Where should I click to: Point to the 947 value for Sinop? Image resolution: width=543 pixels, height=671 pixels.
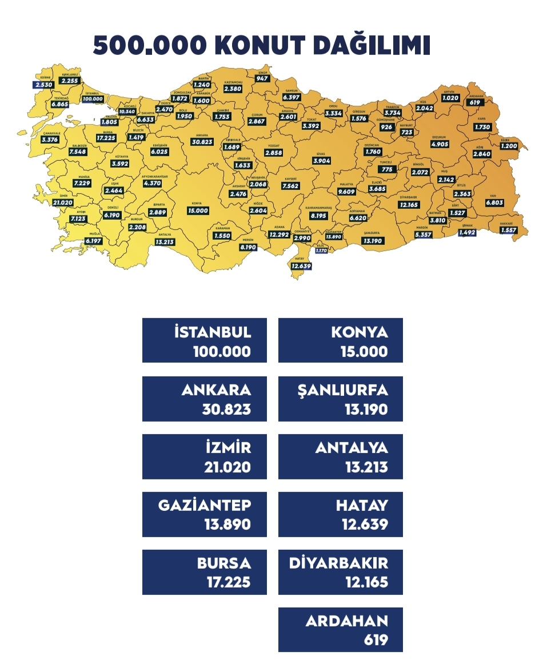coord(262,78)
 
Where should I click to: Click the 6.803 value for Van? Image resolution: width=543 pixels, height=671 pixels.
coord(495,203)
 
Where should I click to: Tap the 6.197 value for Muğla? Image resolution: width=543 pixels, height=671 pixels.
coord(94,241)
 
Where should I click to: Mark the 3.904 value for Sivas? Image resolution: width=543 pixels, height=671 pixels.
coord(322,161)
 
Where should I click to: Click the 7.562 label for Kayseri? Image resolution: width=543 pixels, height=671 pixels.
coord(291,186)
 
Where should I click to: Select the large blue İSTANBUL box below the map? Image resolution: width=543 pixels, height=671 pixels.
coord(205,340)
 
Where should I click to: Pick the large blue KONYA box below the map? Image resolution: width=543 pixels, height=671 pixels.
coord(341,340)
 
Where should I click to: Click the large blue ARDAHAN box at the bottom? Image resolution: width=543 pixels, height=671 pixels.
coord(341,629)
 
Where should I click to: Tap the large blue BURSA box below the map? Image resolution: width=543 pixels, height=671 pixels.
coord(205,571)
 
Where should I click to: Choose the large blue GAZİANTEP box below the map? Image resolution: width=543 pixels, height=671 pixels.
coord(205,514)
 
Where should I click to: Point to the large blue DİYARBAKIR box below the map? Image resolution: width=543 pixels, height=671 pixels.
coord(341,571)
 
